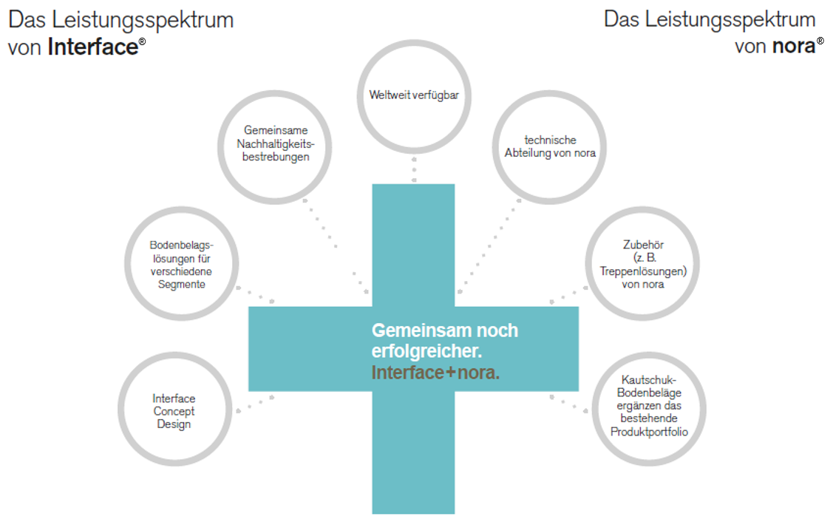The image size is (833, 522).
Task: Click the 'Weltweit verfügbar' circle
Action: pos(413,95)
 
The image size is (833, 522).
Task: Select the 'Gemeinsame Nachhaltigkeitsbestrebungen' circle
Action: pos(276,143)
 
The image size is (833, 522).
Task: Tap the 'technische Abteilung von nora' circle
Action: pos(550,146)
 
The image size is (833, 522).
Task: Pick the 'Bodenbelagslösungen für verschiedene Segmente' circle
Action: pos(182,264)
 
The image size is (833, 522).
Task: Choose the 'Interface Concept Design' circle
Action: pos(174,411)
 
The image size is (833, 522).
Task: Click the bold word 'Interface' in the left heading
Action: pos(93,47)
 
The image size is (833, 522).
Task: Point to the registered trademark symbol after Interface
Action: pos(142,42)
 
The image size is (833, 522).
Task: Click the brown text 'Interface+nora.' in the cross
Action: pos(435,373)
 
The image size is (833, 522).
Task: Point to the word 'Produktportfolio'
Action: pos(650,432)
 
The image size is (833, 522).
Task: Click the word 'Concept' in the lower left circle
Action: pos(174,411)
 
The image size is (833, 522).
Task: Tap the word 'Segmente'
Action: pos(181,285)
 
